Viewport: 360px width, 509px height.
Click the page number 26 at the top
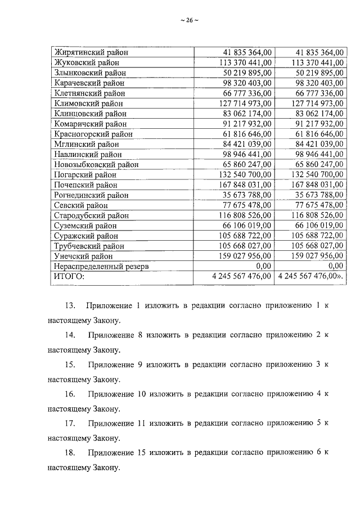pos(189,21)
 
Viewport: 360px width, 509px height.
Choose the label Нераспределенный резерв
pos(101,266)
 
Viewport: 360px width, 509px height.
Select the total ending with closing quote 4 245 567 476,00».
pos(312,276)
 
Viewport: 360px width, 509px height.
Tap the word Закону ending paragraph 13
pos(106,321)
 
